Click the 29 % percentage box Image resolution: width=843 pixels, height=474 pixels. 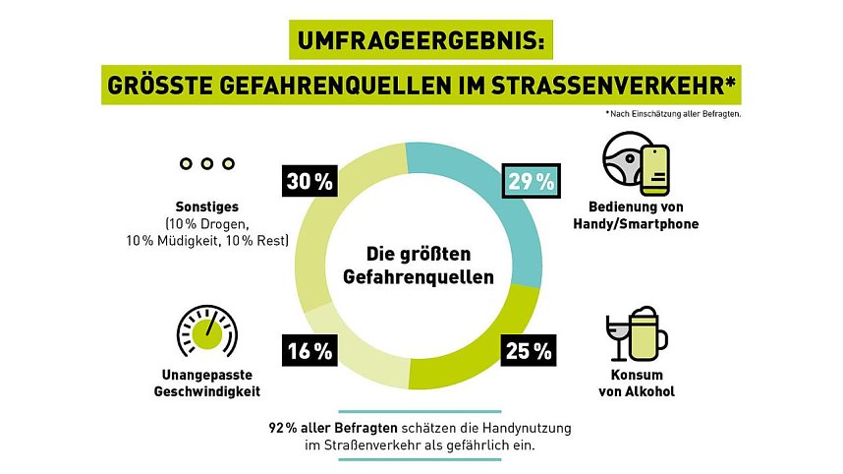point(532,182)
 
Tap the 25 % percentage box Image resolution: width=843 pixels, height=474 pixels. point(532,350)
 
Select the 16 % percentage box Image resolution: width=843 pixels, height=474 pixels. point(309,350)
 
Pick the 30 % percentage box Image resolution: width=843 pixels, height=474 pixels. point(309,182)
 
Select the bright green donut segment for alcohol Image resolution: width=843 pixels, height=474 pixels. point(481,354)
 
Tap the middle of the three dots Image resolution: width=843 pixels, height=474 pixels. point(206,163)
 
